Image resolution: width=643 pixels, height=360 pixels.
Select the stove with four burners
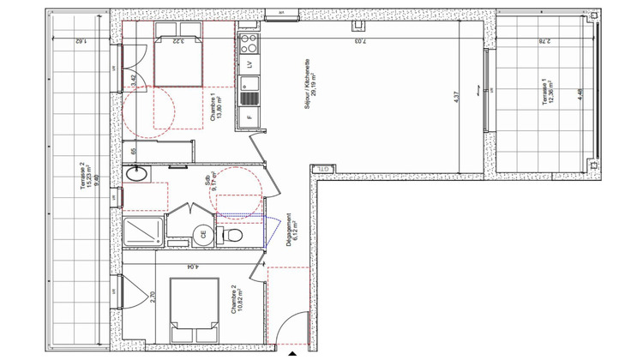249,41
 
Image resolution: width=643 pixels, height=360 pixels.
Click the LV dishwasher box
249,64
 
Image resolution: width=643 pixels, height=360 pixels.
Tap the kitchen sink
249,87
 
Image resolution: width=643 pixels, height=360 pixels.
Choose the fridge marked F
249,117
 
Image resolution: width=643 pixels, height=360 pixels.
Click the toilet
232,234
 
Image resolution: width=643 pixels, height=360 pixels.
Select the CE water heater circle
203,233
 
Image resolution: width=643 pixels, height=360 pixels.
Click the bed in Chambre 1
177,60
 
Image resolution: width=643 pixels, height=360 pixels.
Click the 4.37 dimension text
457,98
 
